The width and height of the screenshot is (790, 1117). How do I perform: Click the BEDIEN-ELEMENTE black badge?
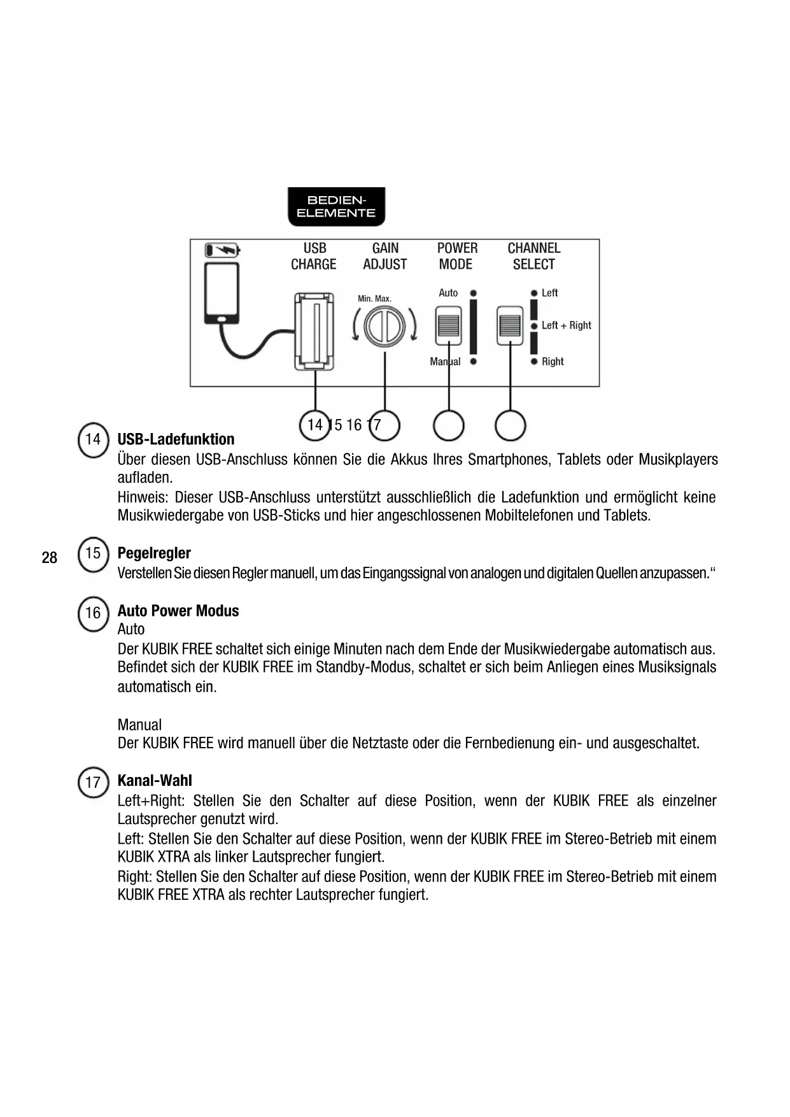pyautogui.click(x=336, y=207)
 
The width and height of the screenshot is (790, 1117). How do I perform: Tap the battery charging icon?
pyautogui.click(x=222, y=250)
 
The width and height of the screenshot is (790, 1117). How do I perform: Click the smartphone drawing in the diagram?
pyautogui.click(x=222, y=292)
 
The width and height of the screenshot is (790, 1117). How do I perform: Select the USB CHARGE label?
pyautogui.click(x=314, y=256)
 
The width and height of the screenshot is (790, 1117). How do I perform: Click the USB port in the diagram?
pyautogui.click(x=314, y=331)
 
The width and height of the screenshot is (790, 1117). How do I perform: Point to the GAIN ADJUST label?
pyautogui.click(x=385, y=256)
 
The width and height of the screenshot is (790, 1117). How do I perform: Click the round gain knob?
pyautogui.click(x=384, y=326)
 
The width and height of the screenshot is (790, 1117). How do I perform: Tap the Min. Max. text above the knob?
pyautogui.click(x=374, y=298)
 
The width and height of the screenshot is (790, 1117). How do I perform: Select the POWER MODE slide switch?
pyautogui.click(x=448, y=325)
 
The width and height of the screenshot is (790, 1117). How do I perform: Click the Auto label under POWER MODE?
pyautogui.click(x=448, y=293)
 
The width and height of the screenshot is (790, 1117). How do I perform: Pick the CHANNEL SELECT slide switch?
pyautogui.click(x=510, y=325)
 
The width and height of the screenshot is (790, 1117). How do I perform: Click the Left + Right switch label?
pyautogui.click(x=566, y=325)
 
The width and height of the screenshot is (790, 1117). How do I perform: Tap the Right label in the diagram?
pyautogui.click(x=553, y=362)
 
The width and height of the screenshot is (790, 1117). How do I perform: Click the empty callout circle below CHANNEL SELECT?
pyautogui.click(x=510, y=425)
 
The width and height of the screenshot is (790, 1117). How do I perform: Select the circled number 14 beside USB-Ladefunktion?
pyautogui.click(x=93, y=439)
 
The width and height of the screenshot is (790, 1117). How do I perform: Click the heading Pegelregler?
pyautogui.click(x=154, y=553)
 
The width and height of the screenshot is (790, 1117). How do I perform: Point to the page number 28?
pyautogui.click(x=49, y=558)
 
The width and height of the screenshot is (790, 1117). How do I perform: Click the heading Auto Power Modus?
pyautogui.click(x=178, y=611)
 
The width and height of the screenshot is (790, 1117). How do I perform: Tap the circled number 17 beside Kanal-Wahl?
pyautogui.click(x=93, y=782)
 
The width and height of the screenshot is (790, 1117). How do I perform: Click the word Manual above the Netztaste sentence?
pyautogui.click(x=139, y=725)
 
